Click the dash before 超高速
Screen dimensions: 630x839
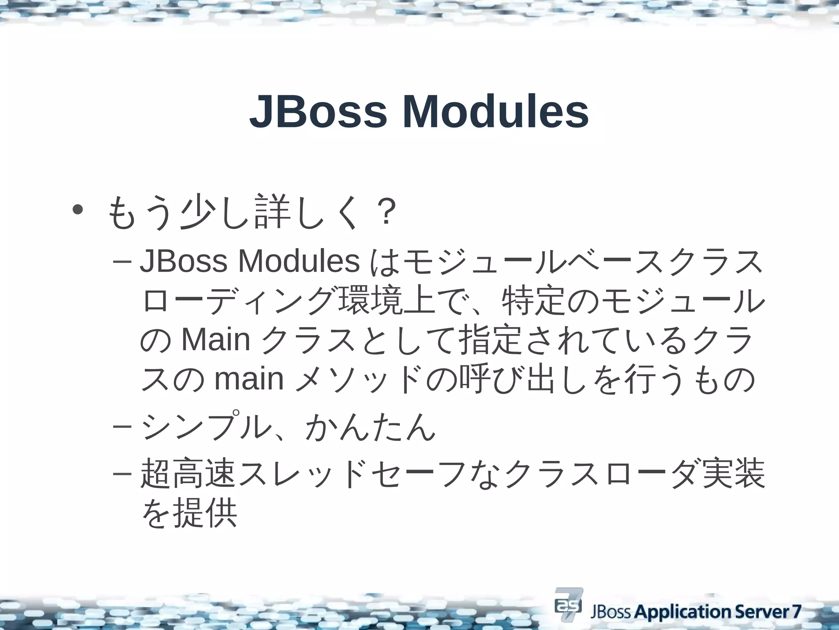pos(121,473)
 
